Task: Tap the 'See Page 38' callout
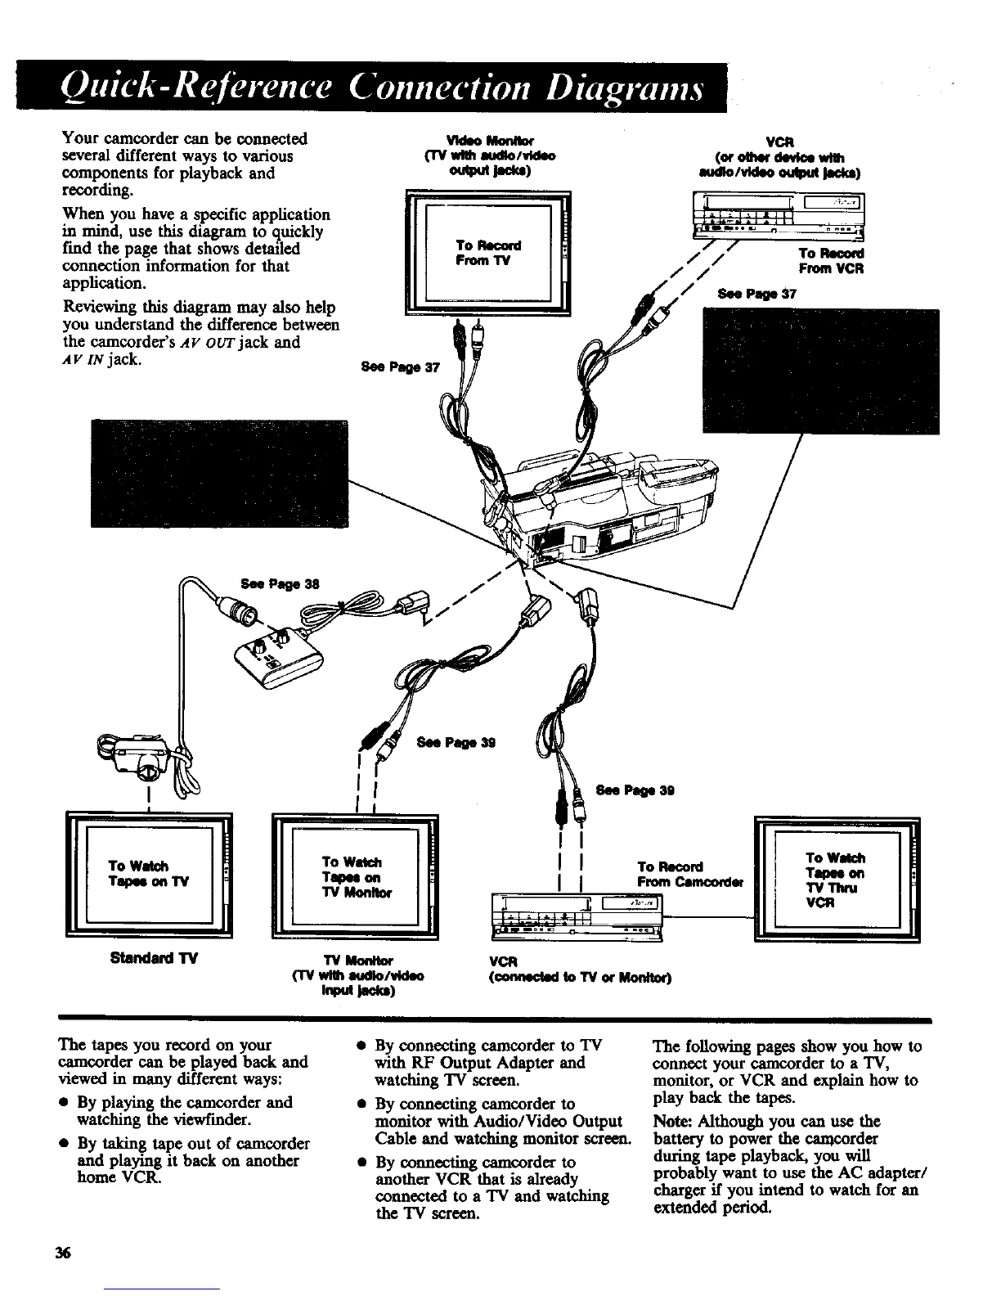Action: point(279,583)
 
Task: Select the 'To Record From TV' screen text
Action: point(488,253)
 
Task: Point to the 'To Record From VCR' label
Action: point(830,261)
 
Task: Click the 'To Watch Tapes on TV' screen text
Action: point(149,874)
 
